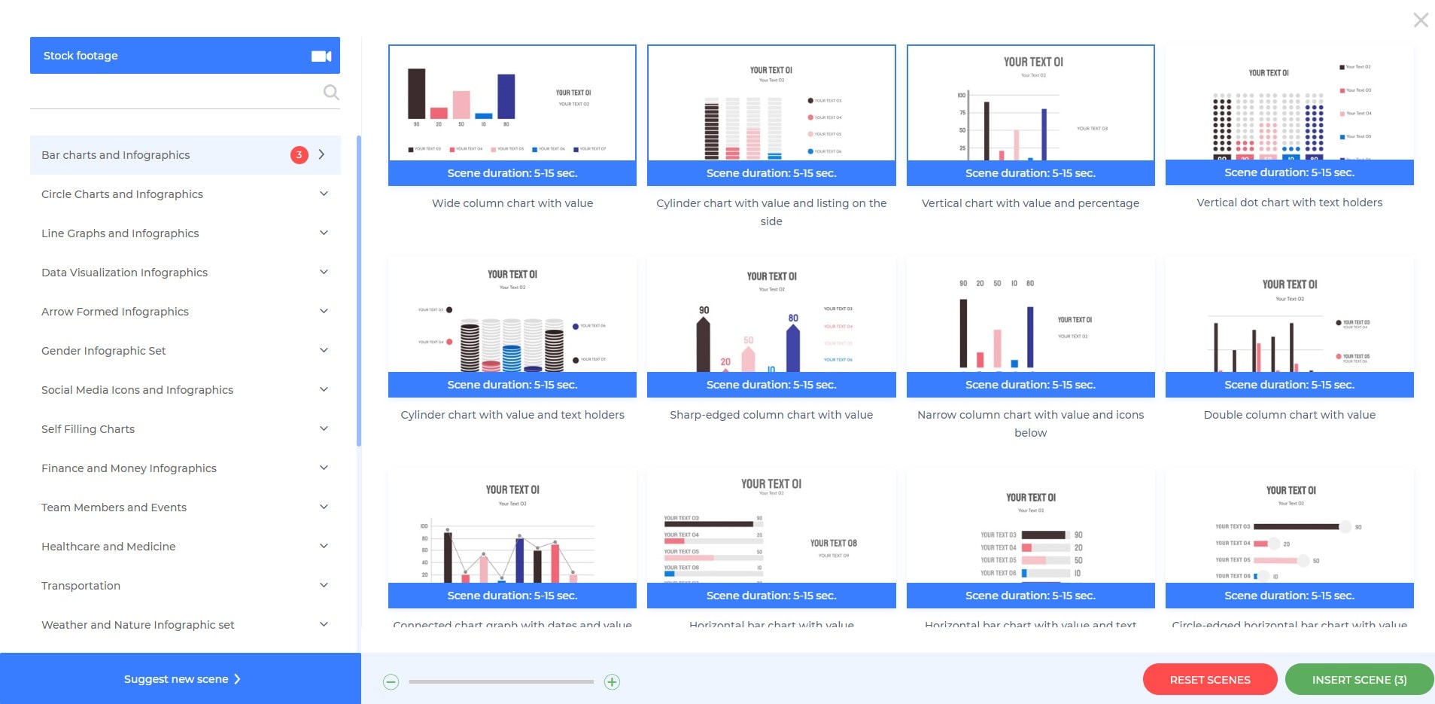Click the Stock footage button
pos(184,56)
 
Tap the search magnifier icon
pos(331,93)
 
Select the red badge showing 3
pos(299,155)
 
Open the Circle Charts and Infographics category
pos(122,194)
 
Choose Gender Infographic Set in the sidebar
pos(104,351)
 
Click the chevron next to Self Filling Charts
pos(324,429)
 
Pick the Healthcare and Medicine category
pos(108,547)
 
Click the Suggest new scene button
pos(181,679)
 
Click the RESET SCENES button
pos(1209,680)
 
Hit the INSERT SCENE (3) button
pos(1359,680)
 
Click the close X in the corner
pos(1420,20)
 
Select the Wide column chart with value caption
pos(512,203)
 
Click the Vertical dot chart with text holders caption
pos(1289,203)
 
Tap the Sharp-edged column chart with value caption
pos(771,415)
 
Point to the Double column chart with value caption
pos(1289,415)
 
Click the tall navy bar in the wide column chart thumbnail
pos(506,96)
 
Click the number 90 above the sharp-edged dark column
pos(704,310)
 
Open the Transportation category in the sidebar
pos(81,586)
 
